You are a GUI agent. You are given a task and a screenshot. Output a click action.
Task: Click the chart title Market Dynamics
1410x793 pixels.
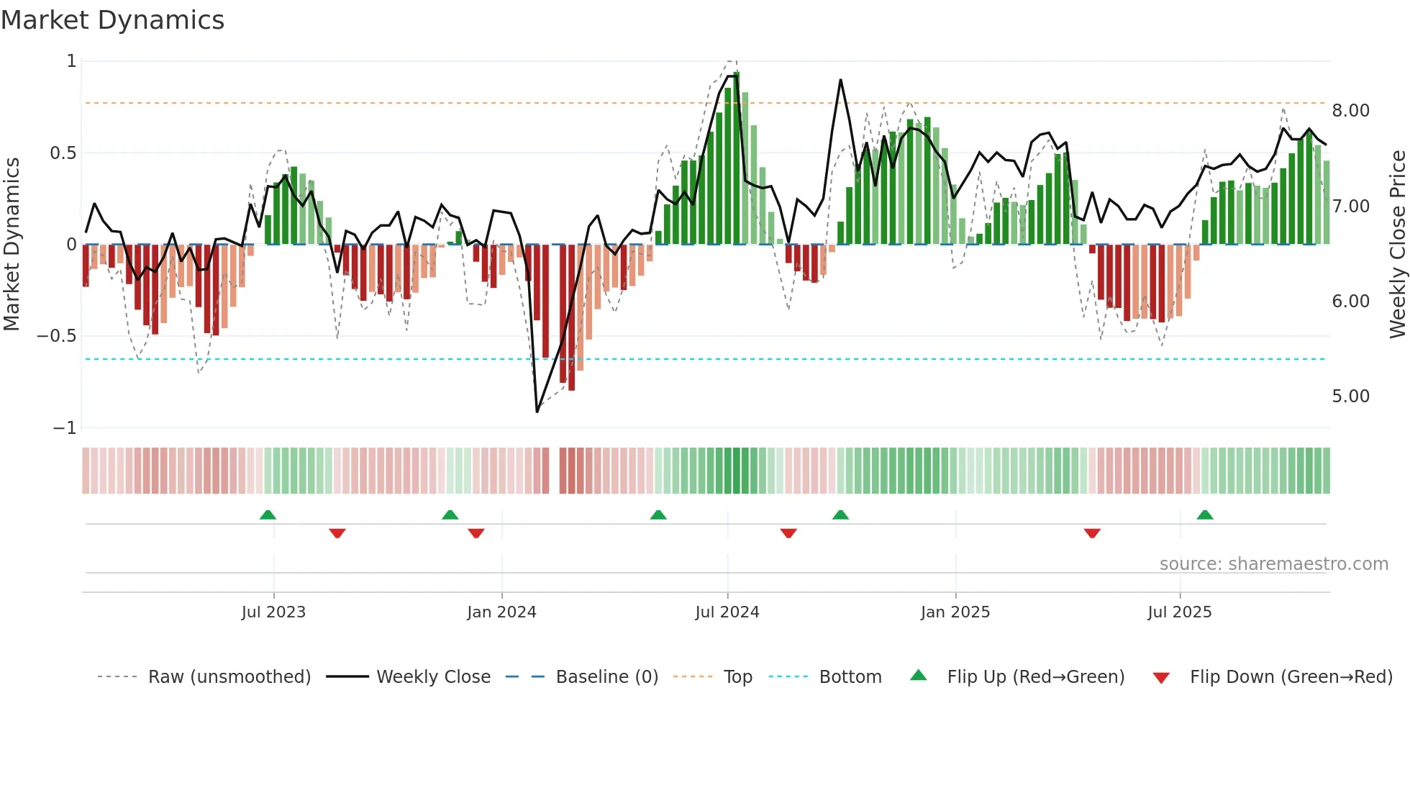pyautogui.click(x=112, y=20)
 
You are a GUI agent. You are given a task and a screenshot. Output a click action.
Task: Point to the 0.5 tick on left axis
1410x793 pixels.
pyautogui.click(x=63, y=153)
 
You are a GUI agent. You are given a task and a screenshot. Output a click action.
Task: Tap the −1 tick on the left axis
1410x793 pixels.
pyautogui.click(x=64, y=428)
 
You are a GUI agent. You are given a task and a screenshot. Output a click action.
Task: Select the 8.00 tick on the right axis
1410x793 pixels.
pyautogui.click(x=1350, y=111)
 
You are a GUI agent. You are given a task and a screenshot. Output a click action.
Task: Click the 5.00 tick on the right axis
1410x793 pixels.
pyautogui.click(x=1350, y=396)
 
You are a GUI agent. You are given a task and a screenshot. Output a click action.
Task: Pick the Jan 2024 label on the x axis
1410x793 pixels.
pyautogui.click(x=501, y=612)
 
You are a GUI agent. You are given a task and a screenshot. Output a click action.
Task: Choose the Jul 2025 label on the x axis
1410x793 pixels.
pyautogui.click(x=1179, y=612)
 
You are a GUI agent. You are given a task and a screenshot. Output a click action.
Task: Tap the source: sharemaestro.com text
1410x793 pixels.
pyautogui.click(x=1273, y=564)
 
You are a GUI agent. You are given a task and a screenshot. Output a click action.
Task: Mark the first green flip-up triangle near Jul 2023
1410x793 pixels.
pyautogui.click(x=268, y=515)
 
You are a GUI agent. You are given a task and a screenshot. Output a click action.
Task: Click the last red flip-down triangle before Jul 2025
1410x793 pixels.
pyautogui.click(x=1092, y=533)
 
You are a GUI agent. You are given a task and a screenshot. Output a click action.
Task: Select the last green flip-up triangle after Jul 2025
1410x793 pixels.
pyautogui.click(x=1205, y=515)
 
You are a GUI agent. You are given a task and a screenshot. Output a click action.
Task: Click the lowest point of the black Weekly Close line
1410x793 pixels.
pyautogui.click(x=537, y=412)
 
